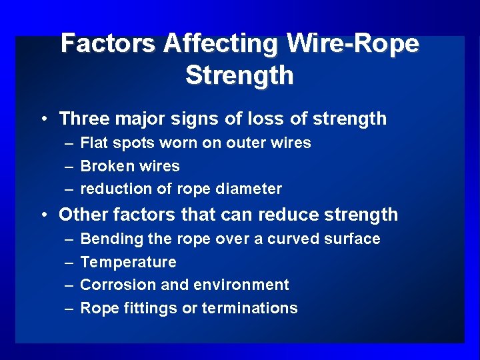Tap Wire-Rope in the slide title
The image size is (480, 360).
coord(353,44)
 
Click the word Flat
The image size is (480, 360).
coord(94,143)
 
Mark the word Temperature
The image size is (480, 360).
coord(129,262)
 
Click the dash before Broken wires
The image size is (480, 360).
coord(69,167)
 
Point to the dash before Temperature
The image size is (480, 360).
coord(69,263)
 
